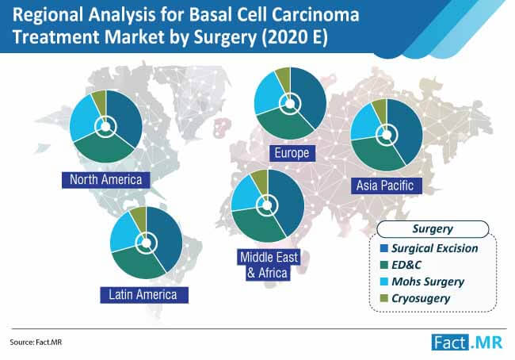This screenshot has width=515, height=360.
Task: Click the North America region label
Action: pyautogui.click(x=105, y=179)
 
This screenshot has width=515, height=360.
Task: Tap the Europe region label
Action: pyautogui.click(x=290, y=151)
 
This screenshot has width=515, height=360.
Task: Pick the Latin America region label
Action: pyautogui.click(x=143, y=294)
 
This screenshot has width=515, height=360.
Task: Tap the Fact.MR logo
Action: pyautogui.click(x=465, y=343)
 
